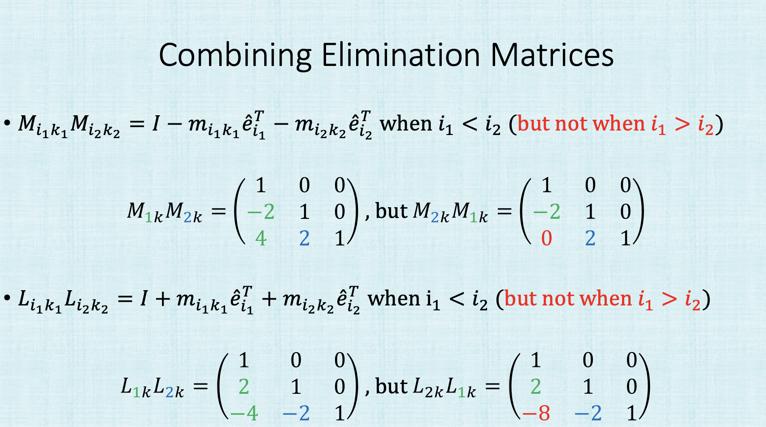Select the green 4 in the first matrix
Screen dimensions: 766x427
[x=261, y=238]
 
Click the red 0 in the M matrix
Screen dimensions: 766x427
[x=546, y=238]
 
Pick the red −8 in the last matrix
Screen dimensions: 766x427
[x=536, y=413]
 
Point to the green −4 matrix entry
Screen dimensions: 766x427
[x=244, y=413]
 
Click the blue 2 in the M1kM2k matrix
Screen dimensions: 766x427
[x=305, y=238]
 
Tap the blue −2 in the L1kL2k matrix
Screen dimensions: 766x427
[x=296, y=413]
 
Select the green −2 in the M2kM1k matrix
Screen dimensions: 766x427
[x=546, y=212]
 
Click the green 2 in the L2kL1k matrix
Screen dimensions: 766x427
[x=535, y=386]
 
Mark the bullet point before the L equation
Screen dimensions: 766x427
[x=7, y=298]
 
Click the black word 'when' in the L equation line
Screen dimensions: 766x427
[x=394, y=298]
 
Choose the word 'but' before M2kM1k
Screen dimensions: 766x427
[x=392, y=211]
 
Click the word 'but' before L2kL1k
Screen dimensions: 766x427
[x=392, y=386]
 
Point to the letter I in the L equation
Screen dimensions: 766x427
[x=144, y=298]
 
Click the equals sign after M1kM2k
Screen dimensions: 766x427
[x=218, y=211]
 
